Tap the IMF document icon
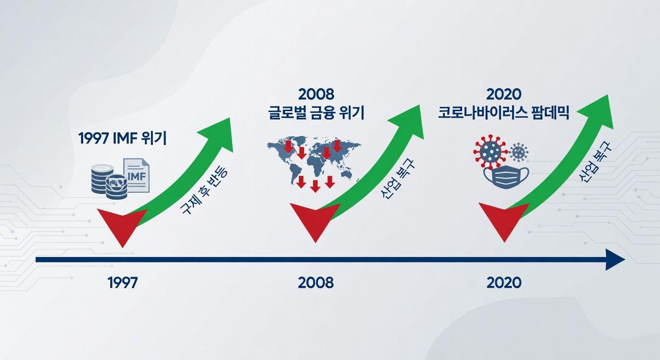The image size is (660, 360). coord(136,175)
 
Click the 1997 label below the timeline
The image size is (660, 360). coord(123,283)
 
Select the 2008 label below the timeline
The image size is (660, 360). coord(315,283)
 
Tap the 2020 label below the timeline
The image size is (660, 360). coord(504,283)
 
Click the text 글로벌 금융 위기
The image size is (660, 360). coord(316,113)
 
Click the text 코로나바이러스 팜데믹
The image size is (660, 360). coord(504,113)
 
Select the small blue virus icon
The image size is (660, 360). coord(518,153)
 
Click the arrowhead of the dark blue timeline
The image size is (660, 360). coord(615,259)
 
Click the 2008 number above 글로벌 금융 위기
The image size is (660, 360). coord(316,94)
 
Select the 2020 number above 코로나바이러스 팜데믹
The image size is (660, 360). coord(504,94)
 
